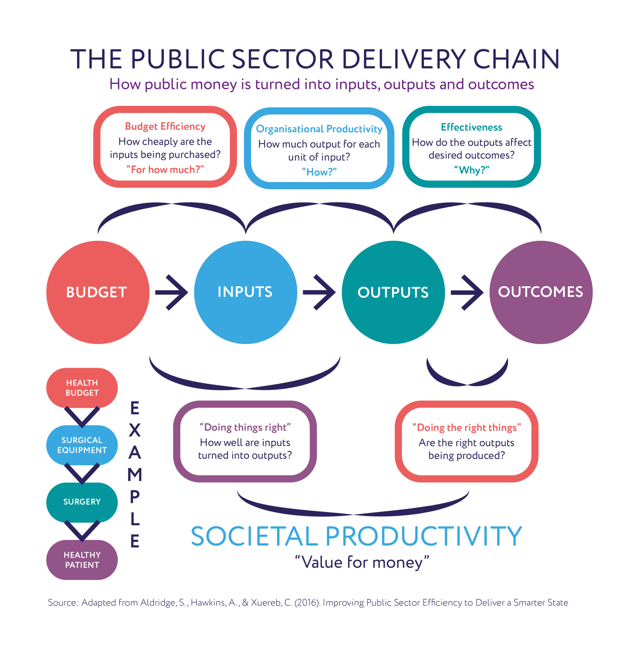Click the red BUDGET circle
97,292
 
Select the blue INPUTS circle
245,292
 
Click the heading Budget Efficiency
165,126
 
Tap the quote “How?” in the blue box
319,172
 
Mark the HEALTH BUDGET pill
82,388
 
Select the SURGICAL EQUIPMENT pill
82,445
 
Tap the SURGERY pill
82,502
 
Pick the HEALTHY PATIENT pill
82,560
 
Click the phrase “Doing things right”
245,427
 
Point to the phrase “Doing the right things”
467,428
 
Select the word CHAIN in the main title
516,59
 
